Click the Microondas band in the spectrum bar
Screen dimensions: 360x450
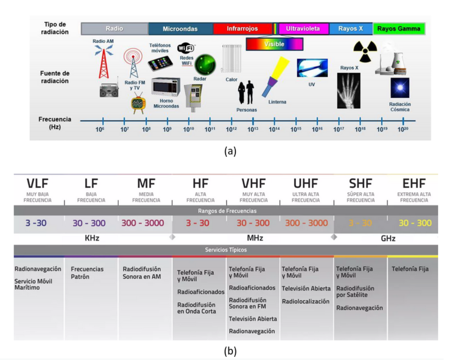click(x=180, y=29)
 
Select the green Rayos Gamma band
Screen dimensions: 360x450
click(x=399, y=29)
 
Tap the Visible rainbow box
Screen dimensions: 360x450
click(x=274, y=44)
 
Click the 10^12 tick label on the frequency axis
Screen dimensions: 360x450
click(x=231, y=130)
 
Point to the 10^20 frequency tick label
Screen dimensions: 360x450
click(x=403, y=130)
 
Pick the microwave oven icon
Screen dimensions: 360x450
click(x=165, y=87)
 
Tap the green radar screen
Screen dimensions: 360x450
click(x=205, y=65)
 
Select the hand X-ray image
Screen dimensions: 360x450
click(x=348, y=91)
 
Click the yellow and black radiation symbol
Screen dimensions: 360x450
click(x=365, y=51)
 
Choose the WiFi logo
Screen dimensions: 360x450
click(x=186, y=48)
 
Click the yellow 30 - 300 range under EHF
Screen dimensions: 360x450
click(x=415, y=223)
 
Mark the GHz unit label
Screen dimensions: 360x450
click(x=388, y=239)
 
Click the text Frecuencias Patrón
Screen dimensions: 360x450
click(x=87, y=273)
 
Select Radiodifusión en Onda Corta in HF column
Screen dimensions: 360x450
click(x=196, y=308)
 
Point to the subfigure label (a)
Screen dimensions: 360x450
click(x=230, y=151)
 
